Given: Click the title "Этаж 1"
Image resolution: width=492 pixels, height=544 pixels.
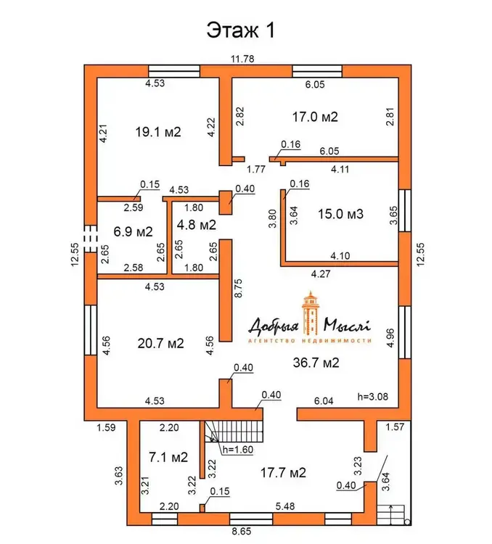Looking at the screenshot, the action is [241, 30].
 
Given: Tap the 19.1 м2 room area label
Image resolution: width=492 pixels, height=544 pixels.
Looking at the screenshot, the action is [158, 132].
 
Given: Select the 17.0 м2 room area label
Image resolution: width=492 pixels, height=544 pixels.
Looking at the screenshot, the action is [315, 117].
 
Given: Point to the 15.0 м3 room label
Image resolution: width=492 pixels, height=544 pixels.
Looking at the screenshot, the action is [340, 214].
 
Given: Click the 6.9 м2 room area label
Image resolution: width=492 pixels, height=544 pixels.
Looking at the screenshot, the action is [133, 231].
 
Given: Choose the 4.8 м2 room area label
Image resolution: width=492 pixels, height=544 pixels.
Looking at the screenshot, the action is [197, 225].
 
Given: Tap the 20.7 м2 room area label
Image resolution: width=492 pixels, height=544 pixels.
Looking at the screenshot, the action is [161, 343].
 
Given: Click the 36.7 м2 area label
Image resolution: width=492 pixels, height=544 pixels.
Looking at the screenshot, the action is [316, 363].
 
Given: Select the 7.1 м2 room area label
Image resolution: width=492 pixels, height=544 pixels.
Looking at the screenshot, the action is [168, 457].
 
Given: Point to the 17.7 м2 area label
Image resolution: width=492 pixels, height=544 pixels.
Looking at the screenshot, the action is [283, 472].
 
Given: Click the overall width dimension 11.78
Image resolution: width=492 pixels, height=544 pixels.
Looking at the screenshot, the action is [242, 59].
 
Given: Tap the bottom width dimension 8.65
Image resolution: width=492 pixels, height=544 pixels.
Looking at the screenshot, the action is [242, 531].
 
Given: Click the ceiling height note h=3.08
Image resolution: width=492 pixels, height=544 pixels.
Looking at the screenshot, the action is [373, 397].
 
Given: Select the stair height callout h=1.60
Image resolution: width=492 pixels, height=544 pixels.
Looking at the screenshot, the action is [238, 450].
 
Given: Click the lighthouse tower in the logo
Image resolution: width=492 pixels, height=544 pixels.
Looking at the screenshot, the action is [311, 313].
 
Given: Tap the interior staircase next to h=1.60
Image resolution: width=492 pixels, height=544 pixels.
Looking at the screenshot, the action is [234, 432].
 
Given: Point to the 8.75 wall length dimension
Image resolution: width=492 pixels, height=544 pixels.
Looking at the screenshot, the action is [239, 288].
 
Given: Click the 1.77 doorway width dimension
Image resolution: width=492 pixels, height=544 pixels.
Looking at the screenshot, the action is [256, 169].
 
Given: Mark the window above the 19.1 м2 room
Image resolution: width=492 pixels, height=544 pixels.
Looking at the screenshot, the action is [174, 71].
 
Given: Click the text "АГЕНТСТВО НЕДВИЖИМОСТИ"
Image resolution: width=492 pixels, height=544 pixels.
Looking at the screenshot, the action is [310, 341].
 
